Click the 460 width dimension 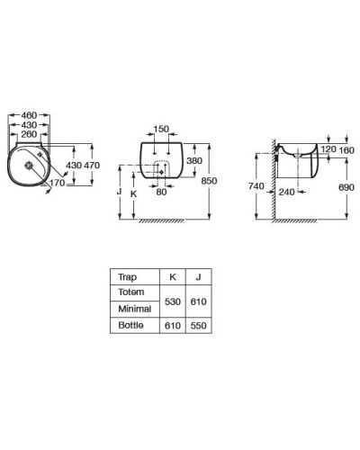coord(29,115)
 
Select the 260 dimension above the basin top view coord(29,134)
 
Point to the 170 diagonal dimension coord(57,183)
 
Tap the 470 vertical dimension coord(92,166)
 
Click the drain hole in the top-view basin coord(29,165)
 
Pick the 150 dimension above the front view coord(161,129)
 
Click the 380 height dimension coord(194,161)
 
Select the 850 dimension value coord(209,181)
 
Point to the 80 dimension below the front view coord(161,192)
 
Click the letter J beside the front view coord(119,191)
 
